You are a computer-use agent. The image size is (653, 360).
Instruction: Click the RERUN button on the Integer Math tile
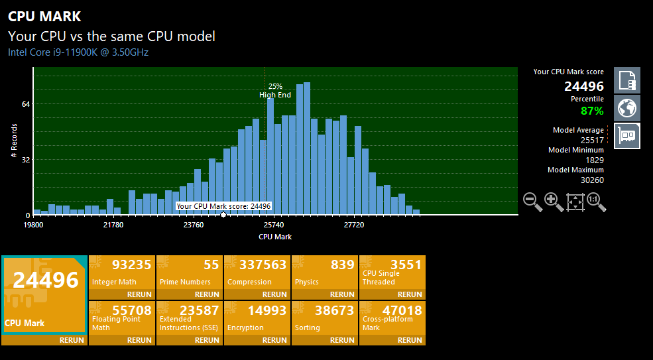tap(139, 294)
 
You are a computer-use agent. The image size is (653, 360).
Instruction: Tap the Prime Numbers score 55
tap(211, 265)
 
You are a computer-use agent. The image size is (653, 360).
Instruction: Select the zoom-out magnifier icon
tap(532, 202)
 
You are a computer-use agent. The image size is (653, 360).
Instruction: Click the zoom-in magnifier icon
tap(554, 202)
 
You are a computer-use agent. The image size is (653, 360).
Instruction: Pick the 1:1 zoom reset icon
tap(597, 202)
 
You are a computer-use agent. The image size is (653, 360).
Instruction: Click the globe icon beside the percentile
tap(626, 108)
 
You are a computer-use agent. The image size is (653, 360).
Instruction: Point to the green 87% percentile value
tap(592, 111)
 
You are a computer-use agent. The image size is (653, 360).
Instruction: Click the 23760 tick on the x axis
tap(194, 225)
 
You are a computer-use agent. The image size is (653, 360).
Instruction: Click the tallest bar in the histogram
tap(307, 149)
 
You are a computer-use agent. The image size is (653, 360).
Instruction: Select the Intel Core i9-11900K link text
tap(78, 52)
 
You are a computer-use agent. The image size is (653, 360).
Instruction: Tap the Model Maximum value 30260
tap(592, 180)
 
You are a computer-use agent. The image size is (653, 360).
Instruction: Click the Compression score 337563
tap(263, 265)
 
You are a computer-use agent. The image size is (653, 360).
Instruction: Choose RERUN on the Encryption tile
tap(275, 340)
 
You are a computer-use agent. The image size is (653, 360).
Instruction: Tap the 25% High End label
tap(275, 90)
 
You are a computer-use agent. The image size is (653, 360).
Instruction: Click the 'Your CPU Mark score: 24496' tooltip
tap(223, 206)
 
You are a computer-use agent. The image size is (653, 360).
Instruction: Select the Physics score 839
tap(343, 265)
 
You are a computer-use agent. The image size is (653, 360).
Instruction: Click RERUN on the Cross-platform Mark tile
tap(410, 340)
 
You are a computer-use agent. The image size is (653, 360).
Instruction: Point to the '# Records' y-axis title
tap(15, 141)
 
